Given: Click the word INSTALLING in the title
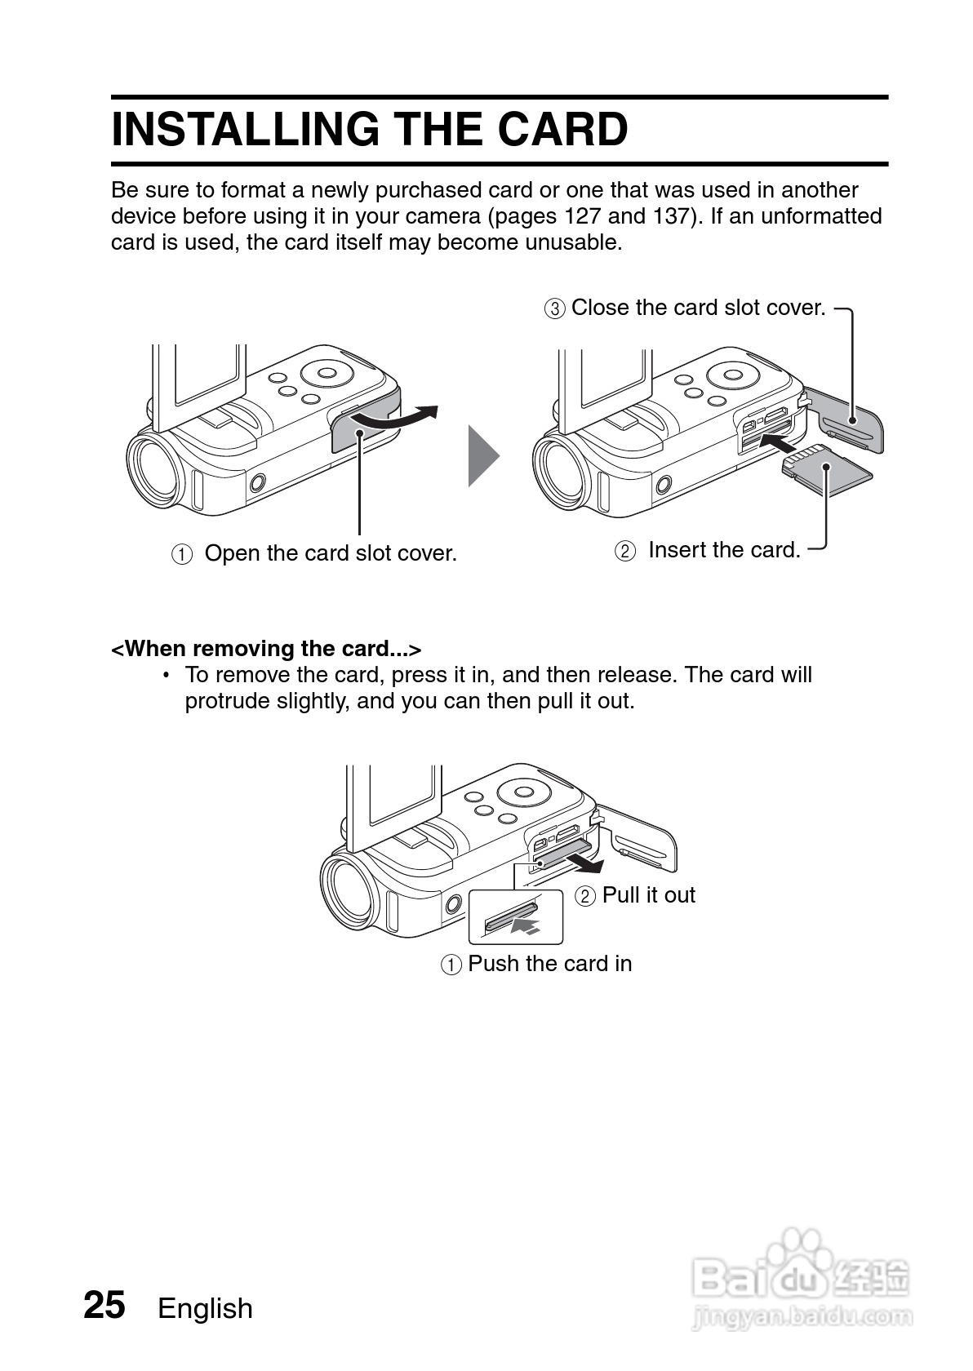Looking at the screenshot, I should point(245,129).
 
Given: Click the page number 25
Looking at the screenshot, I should point(104,1305).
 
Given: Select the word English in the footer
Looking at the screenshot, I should point(206,1308).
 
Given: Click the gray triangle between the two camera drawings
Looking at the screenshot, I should point(482,455).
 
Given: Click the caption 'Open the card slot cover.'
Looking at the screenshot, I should point(331,553).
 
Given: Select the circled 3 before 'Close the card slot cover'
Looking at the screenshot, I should point(554,308).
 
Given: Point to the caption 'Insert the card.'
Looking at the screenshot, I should point(724,550).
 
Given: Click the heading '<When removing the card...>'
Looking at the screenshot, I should point(266,649).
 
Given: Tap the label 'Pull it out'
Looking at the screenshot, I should point(648,895).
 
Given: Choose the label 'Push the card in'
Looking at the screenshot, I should point(549,964).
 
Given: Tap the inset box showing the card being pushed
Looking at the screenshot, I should point(516,916).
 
